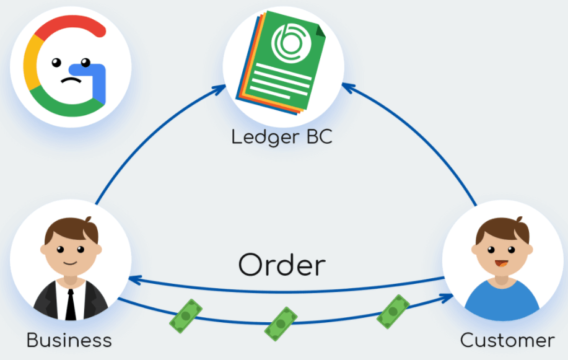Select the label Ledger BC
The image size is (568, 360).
coord(282,136)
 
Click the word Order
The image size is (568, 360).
coord(282,265)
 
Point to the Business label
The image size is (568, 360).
coord(69,340)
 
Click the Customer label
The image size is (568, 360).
coord(507,340)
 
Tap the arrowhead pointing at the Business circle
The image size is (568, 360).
coord(133,280)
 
